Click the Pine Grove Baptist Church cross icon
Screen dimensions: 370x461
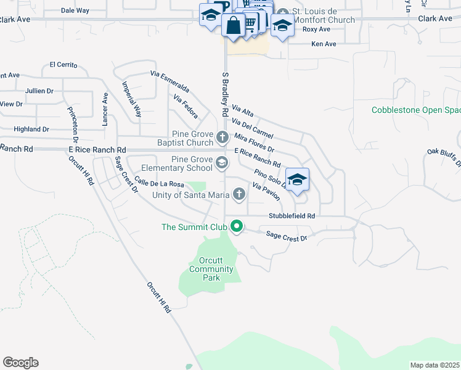222,136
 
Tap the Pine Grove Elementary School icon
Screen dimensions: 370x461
222,163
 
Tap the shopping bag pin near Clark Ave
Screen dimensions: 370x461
234,26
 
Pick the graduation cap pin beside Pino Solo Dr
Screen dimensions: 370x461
297,179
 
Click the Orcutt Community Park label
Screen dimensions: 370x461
211,269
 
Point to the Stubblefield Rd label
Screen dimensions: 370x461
292,216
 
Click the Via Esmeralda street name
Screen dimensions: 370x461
169,81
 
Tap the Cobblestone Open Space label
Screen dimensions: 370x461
416,110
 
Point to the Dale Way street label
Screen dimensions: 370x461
75,10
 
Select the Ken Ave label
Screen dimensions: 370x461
324,44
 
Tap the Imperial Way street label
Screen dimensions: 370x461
131,99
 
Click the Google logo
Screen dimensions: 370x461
20,363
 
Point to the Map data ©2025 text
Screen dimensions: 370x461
434,365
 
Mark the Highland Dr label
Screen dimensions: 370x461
31,129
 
